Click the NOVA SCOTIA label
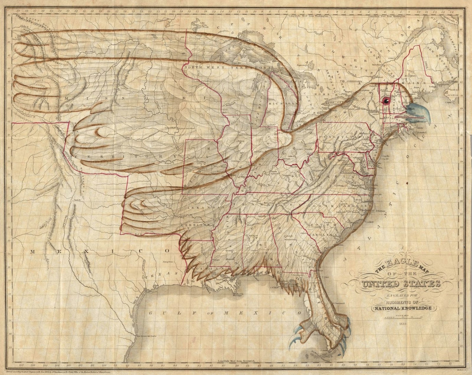[x=453, y=90]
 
